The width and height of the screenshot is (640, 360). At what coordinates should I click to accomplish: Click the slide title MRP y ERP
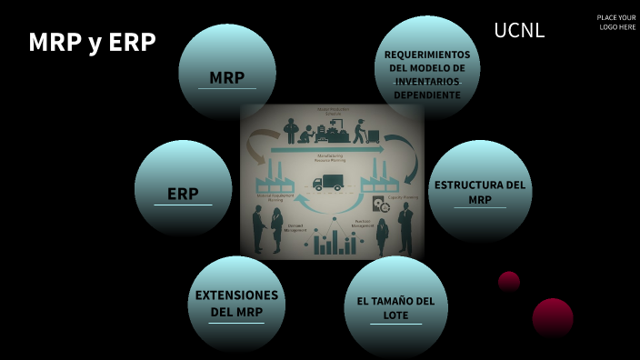pos(92,43)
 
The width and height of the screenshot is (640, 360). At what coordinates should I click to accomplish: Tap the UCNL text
pos(519,30)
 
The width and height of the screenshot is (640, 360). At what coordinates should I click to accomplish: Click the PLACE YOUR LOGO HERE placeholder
pos(616,23)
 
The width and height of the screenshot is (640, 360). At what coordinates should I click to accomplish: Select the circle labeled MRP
pos(227,73)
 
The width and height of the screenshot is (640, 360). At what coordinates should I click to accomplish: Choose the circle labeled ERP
pos(183,188)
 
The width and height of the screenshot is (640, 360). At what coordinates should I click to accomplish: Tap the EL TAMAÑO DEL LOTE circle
pos(395,307)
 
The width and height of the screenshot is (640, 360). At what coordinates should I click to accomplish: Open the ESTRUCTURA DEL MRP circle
pos(480,191)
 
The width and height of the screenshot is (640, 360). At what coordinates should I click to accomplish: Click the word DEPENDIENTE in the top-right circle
pos(427,94)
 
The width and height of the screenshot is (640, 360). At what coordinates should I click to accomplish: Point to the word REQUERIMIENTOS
pos(427,55)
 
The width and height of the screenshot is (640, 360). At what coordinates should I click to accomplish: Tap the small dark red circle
pos(509,281)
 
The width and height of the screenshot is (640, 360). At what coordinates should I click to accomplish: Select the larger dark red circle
pos(553,317)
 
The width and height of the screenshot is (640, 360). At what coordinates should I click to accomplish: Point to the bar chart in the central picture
pos(333,242)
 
